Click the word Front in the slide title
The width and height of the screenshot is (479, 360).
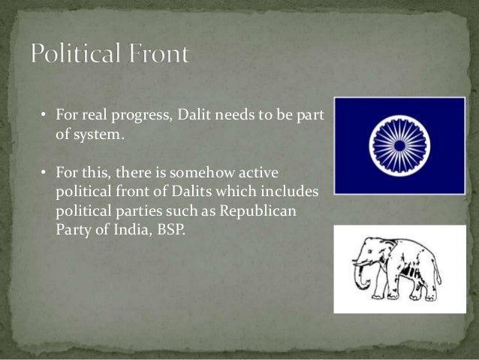[x=159, y=55]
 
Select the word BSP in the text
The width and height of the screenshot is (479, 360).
[x=169, y=230]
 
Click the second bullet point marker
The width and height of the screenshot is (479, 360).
[x=44, y=174]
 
